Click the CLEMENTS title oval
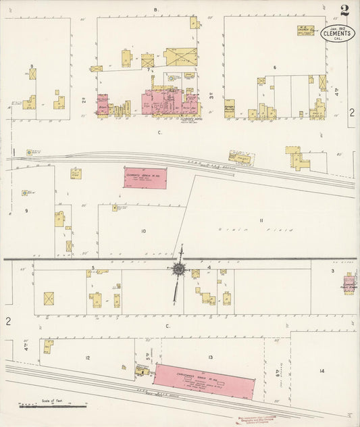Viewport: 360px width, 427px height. tap(336, 34)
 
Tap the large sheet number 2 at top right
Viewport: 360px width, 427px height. tap(344, 11)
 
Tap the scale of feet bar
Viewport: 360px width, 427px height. tap(53, 405)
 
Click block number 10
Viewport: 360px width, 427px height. tap(143, 231)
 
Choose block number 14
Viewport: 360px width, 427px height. tap(322, 371)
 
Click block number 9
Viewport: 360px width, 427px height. tap(26, 211)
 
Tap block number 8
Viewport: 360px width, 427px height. tap(32, 66)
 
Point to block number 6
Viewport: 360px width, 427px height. tap(275, 68)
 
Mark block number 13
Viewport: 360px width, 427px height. tap(211, 356)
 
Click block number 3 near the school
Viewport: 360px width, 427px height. tap(332, 270)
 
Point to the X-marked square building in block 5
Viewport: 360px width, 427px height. tap(48, 298)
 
